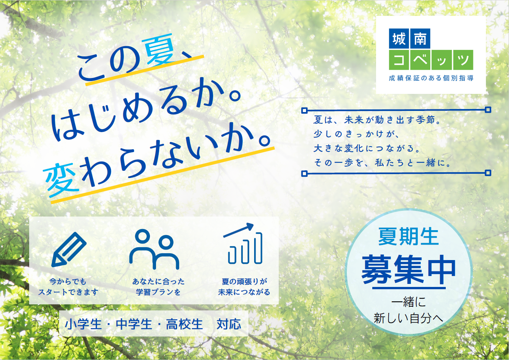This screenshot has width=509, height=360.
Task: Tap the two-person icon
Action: tap(154, 249)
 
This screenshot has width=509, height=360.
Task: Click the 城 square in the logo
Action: tap(399, 39)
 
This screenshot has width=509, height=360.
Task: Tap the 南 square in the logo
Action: tap(420, 39)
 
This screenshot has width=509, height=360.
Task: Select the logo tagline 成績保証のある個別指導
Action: tap(431, 78)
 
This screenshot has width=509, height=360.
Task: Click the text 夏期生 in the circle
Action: tap(408, 237)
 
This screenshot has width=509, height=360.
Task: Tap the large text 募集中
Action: tap(409, 270)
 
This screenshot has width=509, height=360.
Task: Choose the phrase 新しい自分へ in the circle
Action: tap(408, 318)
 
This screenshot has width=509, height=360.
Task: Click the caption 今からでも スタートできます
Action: tap(68, 287)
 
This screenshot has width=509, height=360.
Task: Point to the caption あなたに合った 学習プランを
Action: tap(158, 287)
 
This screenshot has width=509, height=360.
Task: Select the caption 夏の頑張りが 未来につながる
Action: tap(244, 287)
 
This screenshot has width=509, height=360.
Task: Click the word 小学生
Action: tap(83, 324)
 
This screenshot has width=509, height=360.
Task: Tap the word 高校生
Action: tap(184, 324)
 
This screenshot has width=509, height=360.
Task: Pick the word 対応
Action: tap(229, 324)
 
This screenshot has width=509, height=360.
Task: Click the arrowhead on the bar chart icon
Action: tap(250, 226)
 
